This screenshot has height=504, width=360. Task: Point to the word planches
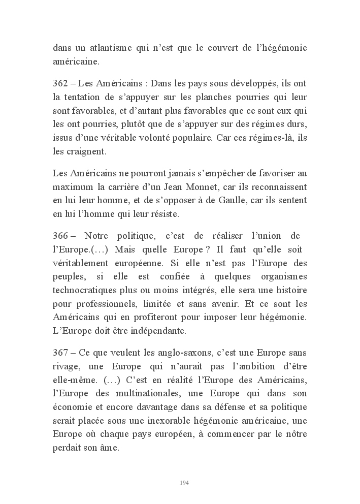click(x=195, y=97)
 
